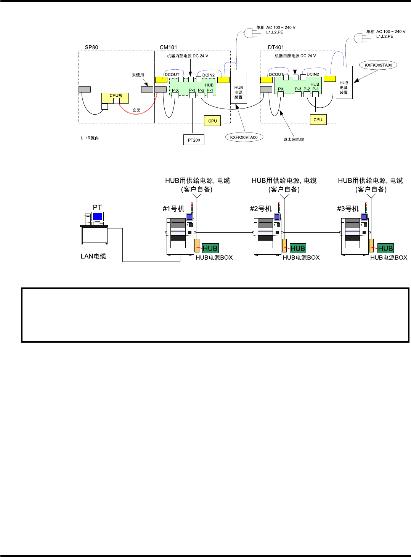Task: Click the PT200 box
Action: click(x=194, y=140)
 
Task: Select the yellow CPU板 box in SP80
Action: click(x=115, y=98)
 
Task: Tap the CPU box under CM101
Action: click(x=212, y=121)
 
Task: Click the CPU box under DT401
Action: click(x=318, y=120)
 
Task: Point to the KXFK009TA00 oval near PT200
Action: click(x=244, y=137)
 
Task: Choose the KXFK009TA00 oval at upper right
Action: click(x=378, y=65)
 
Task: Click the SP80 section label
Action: click(x=92, y=47)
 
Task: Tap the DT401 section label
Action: click(x=276, y=47)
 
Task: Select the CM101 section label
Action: click(x=168, y=47)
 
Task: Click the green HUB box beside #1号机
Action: click(x=210, y=248)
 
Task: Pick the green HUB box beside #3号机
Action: click(x=385, y=248)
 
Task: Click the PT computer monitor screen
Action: click(x=98, y=217)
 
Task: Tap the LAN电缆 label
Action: click(x=93, y=256)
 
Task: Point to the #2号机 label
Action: click(x=261, y=209)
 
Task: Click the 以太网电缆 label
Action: click(x=294, y=140)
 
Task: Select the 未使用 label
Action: click(x=138, y=75)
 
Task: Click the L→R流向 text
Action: click(x=90, y=138)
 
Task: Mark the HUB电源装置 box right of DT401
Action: click(x=344, y=83)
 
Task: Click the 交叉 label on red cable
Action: click(x=136, y=110)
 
